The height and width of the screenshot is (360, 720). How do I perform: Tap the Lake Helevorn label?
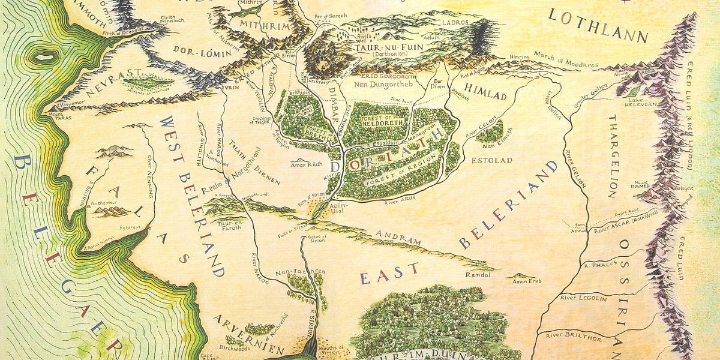(x=639, y=104)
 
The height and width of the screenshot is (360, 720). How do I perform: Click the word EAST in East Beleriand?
(x=390, y=273)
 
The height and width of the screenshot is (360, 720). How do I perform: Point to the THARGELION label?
(x=613, y=156)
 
